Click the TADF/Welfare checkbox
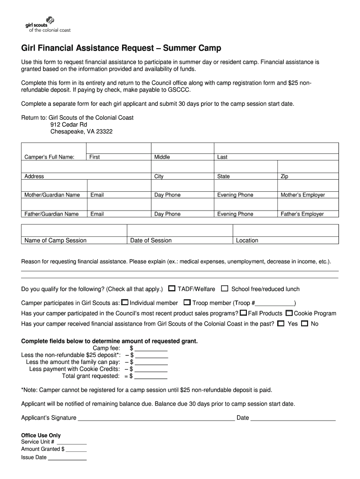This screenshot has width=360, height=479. (172, 289)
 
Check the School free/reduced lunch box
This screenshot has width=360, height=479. (225, 289)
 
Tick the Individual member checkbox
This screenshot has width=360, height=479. (125, 302)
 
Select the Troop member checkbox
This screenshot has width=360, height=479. (187, 302)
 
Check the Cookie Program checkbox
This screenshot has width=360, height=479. (289, 313)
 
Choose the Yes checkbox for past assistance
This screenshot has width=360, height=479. (281, 323)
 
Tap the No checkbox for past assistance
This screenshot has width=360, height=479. (304, 323)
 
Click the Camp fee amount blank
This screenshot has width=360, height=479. (151, 348)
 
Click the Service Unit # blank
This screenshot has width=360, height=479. (72, 442)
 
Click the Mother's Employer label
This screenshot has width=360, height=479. (302, 195)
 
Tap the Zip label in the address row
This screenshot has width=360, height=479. (284, 176)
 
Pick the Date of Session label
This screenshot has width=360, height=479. (151, 240)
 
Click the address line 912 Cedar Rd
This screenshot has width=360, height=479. (69, 125)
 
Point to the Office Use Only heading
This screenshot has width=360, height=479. (41, 435)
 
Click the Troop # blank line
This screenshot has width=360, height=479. (276, 303)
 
